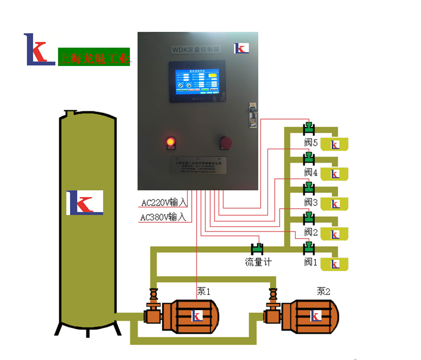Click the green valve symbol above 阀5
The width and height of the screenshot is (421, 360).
pos(308,128)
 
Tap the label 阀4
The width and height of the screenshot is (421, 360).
pos(311,172)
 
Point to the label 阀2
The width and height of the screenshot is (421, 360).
pos(311,232)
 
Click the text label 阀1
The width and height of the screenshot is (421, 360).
pos(311,262)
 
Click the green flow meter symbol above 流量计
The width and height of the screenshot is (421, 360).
pos(258,247)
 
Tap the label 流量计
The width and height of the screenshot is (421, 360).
pos(258,262)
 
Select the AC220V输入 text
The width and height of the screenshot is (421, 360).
pos(164,203)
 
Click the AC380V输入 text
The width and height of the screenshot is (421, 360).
pos(163,218)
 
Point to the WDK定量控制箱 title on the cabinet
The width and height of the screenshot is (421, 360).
pos(195,50)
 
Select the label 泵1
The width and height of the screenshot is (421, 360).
pos(204,292)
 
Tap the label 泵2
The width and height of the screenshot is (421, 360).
pos(323,291)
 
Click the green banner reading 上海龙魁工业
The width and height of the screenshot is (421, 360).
pos(94,57)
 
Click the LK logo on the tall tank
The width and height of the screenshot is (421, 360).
pos(85,202)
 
